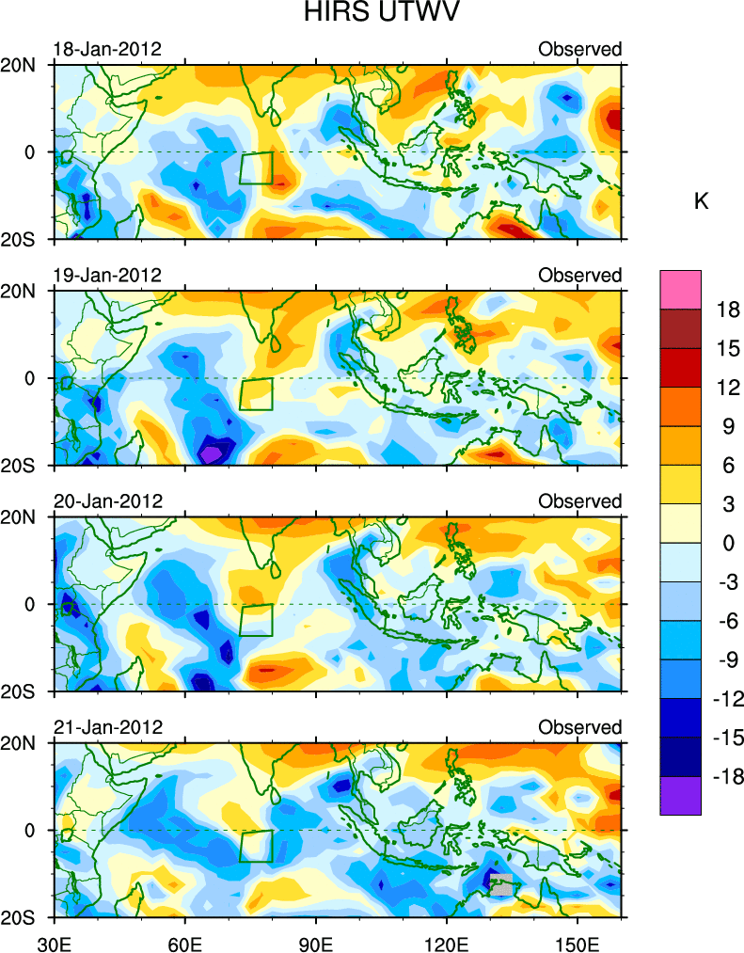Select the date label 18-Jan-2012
click(x=107, y=49)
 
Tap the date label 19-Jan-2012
click(x=107, y=275)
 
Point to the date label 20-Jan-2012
click(x=107, y=500)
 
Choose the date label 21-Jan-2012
click(x=107, y=727)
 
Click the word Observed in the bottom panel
click(x=579, y=727)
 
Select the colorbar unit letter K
click(x=701, y=200)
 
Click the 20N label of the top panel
click(x=21, y=66)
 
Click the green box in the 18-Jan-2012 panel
click(x=256, y=168)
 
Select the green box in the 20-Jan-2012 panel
click(x=256, y=620)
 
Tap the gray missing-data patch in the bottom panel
click(x=502, y=885)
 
